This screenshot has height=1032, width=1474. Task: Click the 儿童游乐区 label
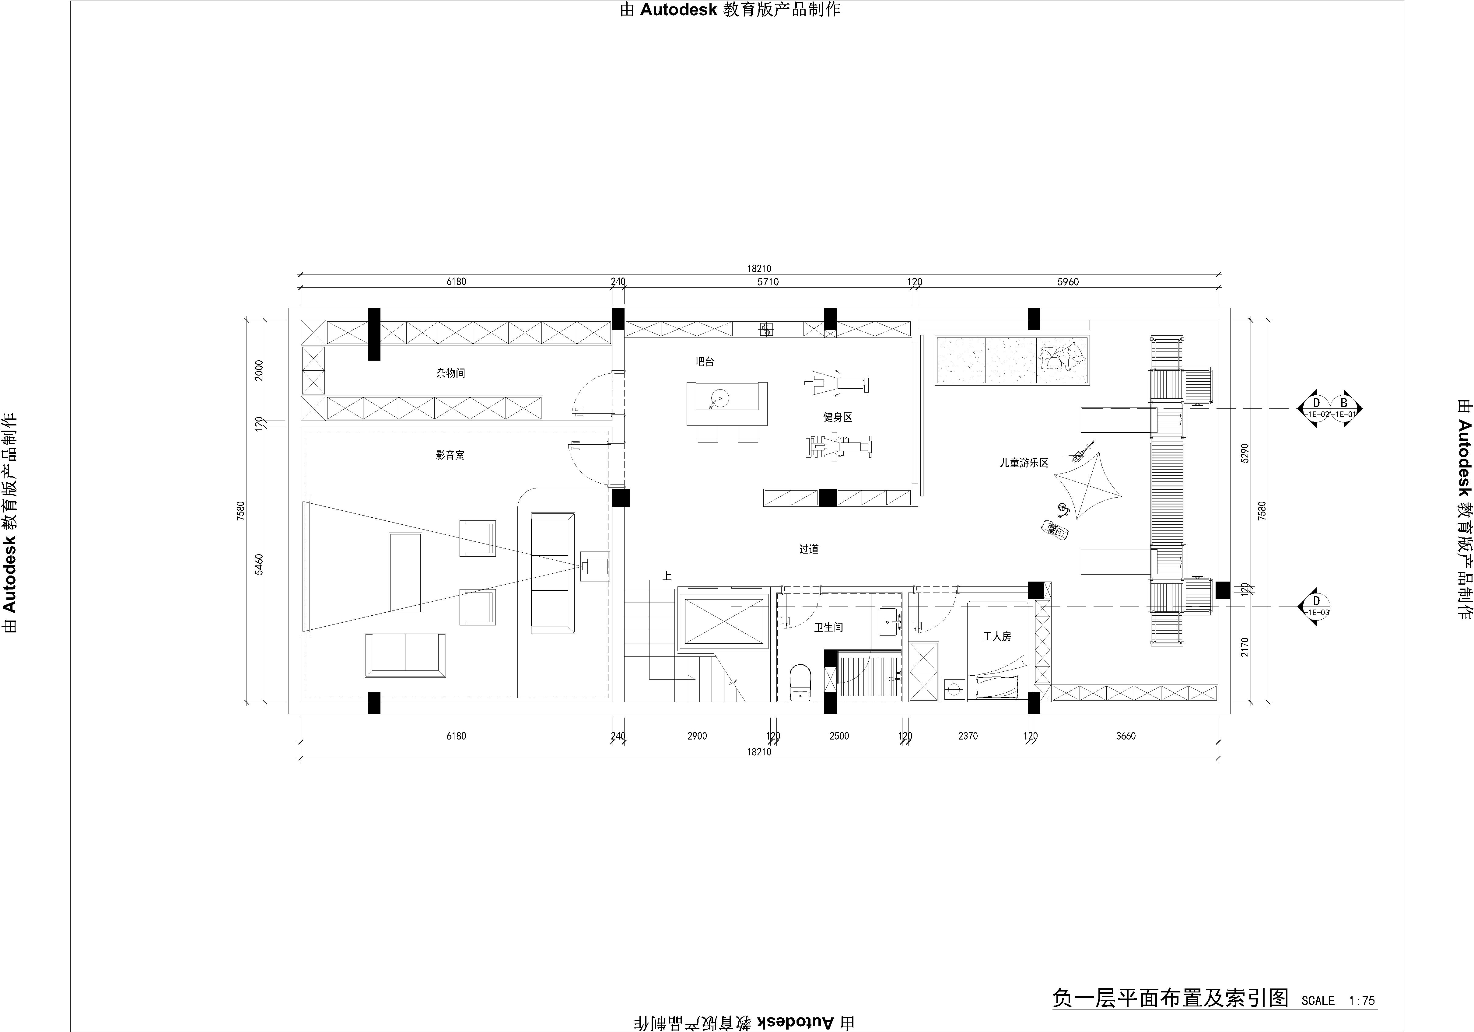[1024, 462]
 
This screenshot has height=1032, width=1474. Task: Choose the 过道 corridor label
[809, 549]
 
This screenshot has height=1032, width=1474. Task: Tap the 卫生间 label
[828, 627]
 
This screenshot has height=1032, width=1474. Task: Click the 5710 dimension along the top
[768, 282]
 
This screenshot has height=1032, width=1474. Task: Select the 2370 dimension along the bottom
[968, 736]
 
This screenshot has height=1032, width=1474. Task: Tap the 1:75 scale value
[1362, 1000]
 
